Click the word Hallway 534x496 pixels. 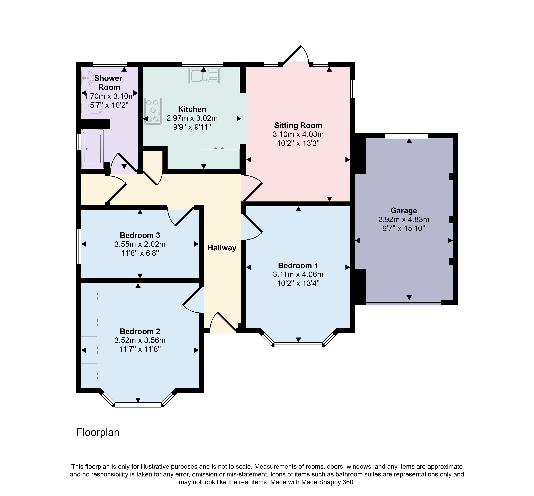click(x=222, y=248)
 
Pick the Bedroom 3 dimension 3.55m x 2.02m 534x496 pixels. click(x=140, y=244)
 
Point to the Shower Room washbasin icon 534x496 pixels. click(x=87, y=78)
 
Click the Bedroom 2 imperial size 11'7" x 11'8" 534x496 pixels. click(x=140, y=349)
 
